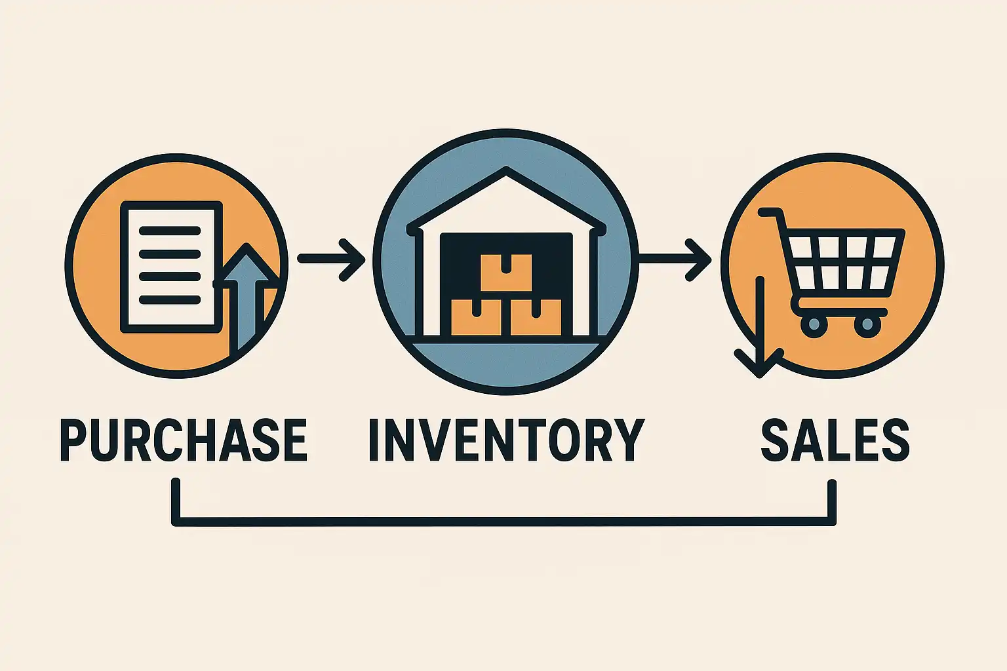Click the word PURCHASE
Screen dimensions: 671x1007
click(184, 440)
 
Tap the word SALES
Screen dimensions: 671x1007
click(835, 440)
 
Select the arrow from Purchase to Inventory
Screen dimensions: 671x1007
click(332, 259)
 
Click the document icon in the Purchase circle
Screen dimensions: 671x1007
click(170, 265)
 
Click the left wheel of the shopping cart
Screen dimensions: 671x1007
click(814, 324)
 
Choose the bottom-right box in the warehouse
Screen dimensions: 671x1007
click(535, 317)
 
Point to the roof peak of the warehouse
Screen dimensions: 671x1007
click(506, 172)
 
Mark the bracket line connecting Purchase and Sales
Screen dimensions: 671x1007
click(505, 522)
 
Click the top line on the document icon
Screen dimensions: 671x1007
click(170, 231)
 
